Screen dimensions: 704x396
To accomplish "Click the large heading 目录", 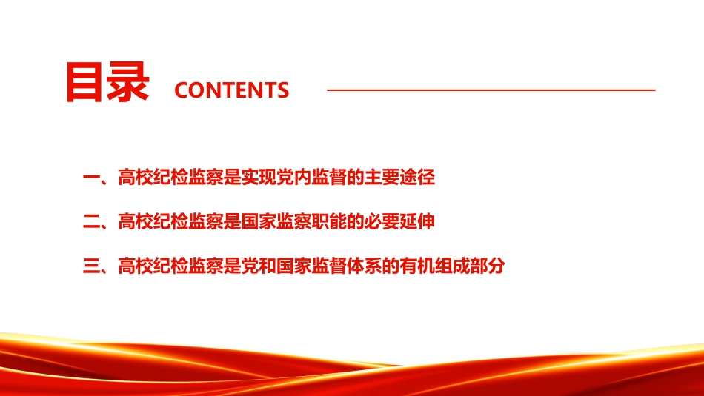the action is coord(107,82).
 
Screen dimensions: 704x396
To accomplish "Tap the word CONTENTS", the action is coord(232,90).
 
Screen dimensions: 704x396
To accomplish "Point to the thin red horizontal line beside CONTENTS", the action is coord(491,90).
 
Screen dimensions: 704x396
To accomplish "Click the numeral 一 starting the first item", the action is coord(92,178).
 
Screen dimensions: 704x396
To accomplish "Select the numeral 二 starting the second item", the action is coord(92,221).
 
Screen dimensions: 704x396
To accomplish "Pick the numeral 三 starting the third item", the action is coord(92,266).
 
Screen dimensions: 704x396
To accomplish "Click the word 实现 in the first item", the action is coord(259,177).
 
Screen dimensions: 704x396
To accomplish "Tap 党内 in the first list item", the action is coord(293,177).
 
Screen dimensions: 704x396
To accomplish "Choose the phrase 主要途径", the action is coord(399,177).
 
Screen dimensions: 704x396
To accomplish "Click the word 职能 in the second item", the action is coord(328,221).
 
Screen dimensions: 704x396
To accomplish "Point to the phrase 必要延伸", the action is coord(399,221).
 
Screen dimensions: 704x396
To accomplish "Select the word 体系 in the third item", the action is coord(364,266).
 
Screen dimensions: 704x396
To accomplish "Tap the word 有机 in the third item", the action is coord(417,266).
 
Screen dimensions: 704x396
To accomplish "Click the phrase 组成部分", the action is coord(470,266).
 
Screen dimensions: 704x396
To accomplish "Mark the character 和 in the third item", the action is coord(267,266).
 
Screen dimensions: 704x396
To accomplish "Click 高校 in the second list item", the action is coord(135,221).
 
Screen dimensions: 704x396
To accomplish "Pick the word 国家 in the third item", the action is coord(293,266).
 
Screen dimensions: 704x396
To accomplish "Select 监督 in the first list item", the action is coord(328,177).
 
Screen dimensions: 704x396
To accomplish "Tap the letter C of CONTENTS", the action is coord(182,90).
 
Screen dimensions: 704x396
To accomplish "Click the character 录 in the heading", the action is coord(128,82).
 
